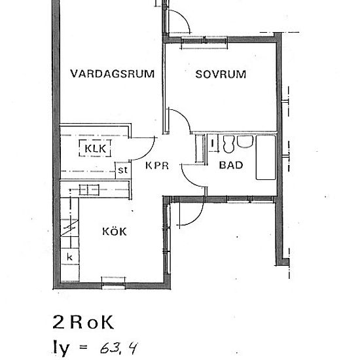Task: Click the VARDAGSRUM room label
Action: [x=114, y=74]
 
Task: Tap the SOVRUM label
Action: [x=221, y=74]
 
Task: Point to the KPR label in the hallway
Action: [x=158, y=166]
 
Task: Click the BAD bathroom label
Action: [x=231, y=166]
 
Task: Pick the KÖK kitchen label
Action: [x=114, y=232]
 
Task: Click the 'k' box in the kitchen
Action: [x=69, y=257]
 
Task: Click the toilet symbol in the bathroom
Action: [x=228, y=143]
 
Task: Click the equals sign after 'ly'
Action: [x=82, y=347]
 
